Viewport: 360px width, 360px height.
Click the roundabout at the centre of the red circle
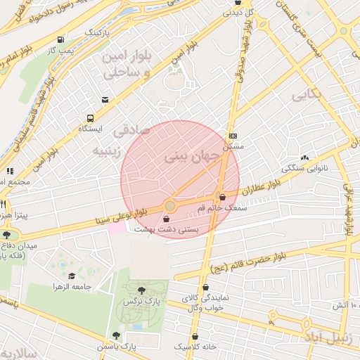coord(169,206)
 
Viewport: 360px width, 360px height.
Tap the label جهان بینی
coord(186,158)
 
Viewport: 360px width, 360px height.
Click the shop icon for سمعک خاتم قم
coord(223,198)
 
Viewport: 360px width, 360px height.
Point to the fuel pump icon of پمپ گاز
coord(61,40)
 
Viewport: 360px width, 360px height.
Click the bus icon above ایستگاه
coord(90,118)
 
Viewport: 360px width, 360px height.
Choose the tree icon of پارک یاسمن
coord(116,335)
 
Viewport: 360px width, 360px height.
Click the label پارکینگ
coord(98,32)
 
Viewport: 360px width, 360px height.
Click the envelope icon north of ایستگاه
coord(105,99)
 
